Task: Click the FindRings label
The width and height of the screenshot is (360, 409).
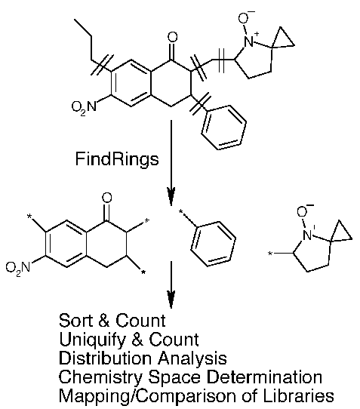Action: tap(117, 160)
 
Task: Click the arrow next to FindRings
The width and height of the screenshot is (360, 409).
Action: tap(171, 163)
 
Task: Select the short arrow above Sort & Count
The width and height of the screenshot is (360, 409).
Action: tap(171, 284)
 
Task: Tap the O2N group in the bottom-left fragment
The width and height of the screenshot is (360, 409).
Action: tap(18, 268)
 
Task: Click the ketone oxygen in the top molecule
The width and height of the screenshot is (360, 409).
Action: tap(172, 38)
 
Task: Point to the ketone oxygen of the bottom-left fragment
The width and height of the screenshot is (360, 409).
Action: tap(106, 198)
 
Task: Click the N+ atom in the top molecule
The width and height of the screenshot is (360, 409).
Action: tap(250, 41)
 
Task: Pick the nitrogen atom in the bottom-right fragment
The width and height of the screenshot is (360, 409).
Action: tap(308, 235)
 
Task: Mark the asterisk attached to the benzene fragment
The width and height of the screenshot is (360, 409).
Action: tap(181, 212)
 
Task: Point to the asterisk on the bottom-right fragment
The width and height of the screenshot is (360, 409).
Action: tap(270, 254)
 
